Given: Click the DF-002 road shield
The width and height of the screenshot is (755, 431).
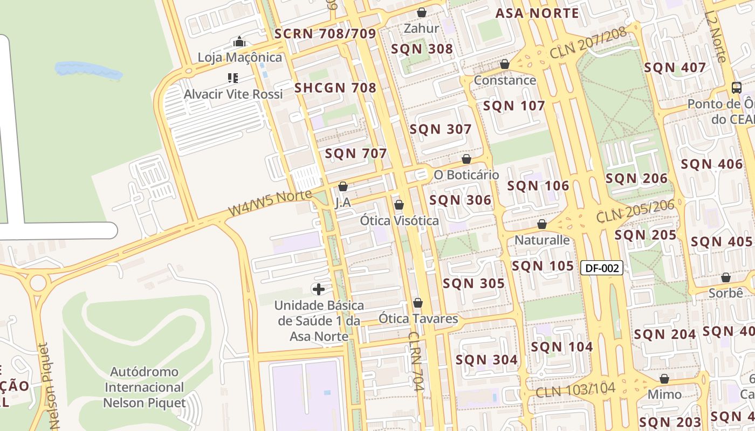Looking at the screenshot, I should [602, 268].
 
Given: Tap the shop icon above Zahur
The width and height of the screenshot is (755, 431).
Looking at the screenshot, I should [422, 12].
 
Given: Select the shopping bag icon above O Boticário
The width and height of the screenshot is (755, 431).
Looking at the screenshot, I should [466, 159].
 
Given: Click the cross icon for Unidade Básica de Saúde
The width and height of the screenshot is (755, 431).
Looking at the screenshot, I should [319, 289].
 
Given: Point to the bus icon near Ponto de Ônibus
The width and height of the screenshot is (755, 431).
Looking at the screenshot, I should [736, 88].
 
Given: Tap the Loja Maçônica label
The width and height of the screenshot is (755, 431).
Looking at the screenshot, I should [239, 57].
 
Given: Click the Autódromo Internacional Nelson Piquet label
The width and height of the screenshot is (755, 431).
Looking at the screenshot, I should [145, 387].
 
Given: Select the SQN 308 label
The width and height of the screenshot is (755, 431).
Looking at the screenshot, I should [422, 49].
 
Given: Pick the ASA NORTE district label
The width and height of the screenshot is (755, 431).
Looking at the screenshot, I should [537, 13].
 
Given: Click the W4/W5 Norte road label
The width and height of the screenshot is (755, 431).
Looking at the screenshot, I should [270, 203].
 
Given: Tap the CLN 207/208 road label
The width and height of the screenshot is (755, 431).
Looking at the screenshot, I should [588, 43].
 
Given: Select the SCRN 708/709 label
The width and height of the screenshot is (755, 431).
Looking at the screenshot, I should [325, 34].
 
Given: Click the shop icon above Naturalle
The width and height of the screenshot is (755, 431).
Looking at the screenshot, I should [542, 224].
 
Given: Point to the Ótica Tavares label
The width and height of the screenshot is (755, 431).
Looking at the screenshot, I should [418, 318].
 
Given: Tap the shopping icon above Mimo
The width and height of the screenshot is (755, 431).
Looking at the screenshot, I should [664, 379].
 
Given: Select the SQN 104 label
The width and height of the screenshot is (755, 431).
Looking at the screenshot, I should [562, 347].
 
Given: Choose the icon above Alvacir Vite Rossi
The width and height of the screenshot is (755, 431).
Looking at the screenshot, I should [233, 78].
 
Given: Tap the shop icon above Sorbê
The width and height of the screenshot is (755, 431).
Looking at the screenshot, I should [726, 277].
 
